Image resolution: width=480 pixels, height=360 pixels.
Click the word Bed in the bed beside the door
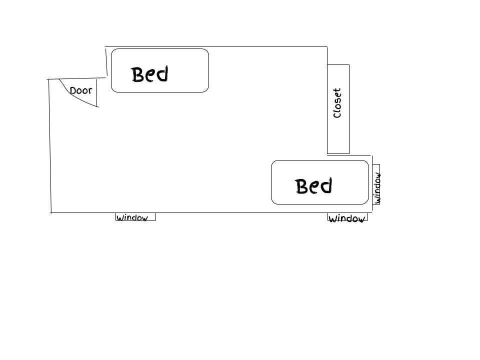(150, 74)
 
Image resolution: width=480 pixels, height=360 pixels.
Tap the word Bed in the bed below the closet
(314, 186)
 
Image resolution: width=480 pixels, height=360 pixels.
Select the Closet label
(337, 103)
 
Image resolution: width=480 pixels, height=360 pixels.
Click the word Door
(81, 90)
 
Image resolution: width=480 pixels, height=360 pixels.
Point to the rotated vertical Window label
(377, 188)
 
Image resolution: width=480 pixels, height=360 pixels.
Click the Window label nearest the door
(132, 217)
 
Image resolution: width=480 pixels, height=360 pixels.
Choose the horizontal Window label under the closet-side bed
(347, 218)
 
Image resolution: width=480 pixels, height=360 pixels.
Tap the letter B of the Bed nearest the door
(138, 74)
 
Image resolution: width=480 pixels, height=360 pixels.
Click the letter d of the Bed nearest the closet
(326, 185)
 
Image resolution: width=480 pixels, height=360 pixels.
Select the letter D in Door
(73, 91)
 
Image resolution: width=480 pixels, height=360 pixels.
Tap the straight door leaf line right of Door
(96, 93)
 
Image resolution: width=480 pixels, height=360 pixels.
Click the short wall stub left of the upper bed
(106, 61)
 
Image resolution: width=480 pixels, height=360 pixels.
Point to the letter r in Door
(90, 90)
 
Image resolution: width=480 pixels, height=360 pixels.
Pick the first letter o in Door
(79, 91)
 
